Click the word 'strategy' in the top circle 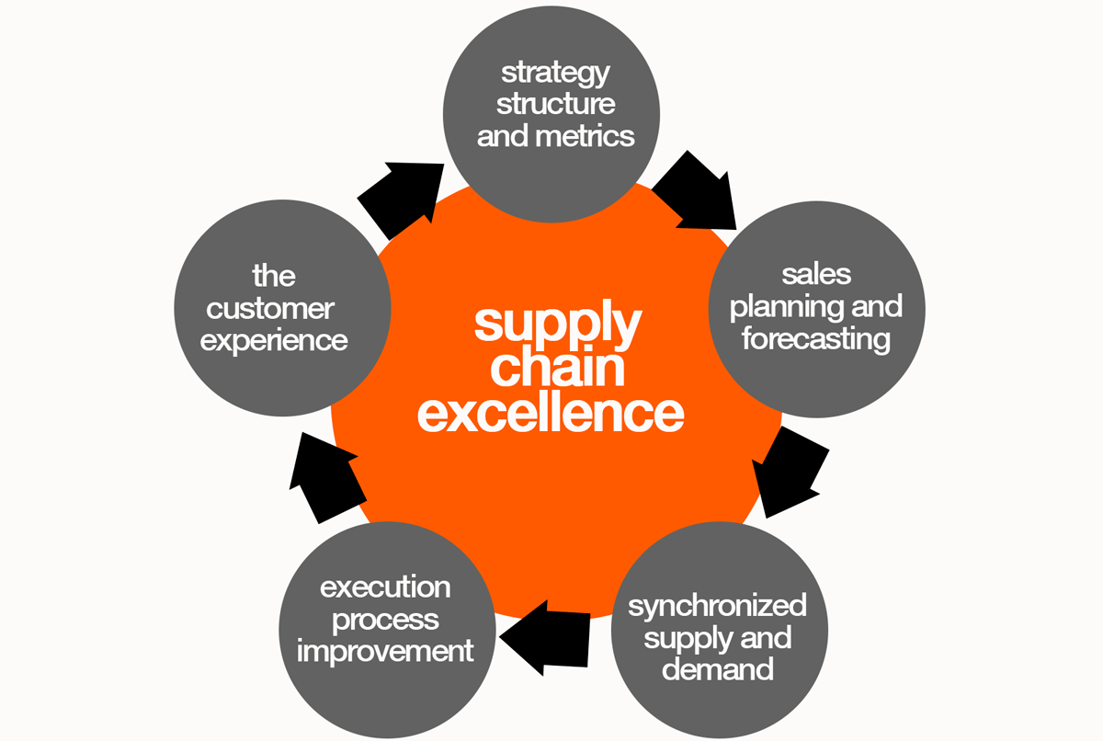[x=555, y=73]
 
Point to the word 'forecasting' [x=816, y=338]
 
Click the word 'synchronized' [x=717, y=606]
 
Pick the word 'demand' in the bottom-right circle [x=717, y=668]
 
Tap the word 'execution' [x=385, y=587]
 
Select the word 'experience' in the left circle [x=274, y=340]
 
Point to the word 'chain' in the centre [x=557, y=367]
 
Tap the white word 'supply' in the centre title [x=557, y=323]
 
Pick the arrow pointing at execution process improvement [x=546, y=635]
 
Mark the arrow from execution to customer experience [x=317, y=474]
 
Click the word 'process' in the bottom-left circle [x=385, y=620]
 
